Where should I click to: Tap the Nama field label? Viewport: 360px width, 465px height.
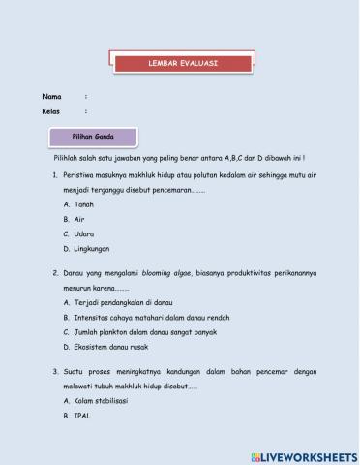coord(51,96)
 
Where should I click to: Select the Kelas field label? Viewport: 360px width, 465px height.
coord(51,111)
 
